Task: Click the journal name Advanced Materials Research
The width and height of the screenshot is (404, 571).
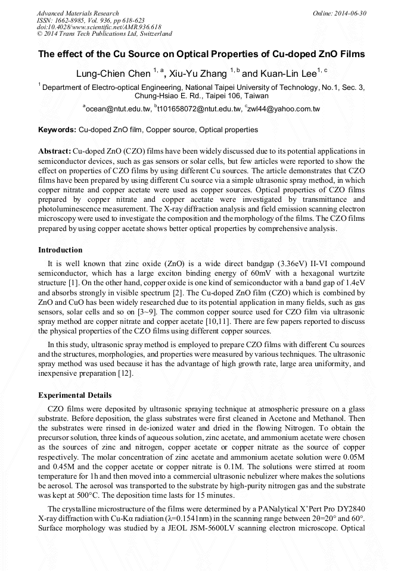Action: [77, 13]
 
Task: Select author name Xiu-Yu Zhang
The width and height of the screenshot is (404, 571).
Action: [195, 73]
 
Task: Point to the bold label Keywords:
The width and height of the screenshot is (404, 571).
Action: [57, 129]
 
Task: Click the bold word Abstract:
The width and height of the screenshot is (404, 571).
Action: [54, 151]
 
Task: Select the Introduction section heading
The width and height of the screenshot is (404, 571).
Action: [60, 250]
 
